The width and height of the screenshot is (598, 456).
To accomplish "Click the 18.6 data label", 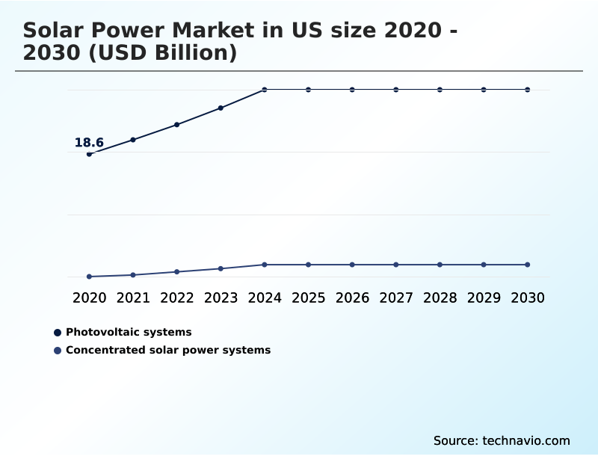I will point(89,143).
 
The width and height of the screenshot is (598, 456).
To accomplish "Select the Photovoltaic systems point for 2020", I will point(89,154).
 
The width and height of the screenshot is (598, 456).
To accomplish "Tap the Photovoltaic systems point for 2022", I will point(177,124).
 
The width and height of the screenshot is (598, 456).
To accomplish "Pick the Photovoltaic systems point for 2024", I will point(265,90).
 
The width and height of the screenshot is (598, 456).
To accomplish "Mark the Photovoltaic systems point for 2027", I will point(396,90).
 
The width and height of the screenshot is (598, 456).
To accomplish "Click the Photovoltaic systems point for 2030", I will point(528,90).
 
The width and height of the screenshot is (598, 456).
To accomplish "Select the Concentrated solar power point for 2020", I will point(89,277).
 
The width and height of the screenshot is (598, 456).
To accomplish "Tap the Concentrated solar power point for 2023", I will point(221,268).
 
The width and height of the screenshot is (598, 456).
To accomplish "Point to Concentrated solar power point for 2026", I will point(352,265).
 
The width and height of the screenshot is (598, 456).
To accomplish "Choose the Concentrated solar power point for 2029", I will point(484,265).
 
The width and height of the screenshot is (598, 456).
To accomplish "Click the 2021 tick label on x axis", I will point(133,298).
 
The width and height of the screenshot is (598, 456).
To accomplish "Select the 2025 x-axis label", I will point(308,298).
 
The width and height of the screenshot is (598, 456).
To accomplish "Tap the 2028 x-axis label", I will point(440,298).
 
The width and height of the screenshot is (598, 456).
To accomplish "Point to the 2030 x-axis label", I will point(528,298).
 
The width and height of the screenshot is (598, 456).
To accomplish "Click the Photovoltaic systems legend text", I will point(129,332).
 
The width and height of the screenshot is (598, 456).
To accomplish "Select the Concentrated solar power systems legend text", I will point(168,350).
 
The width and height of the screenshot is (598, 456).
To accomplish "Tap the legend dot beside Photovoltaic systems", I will point(58,332).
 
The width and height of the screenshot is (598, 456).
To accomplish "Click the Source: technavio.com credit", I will point(502,440).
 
